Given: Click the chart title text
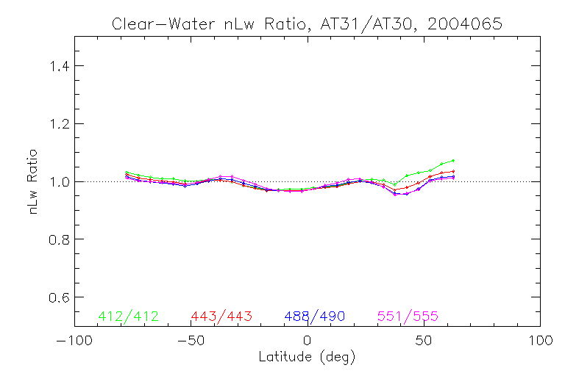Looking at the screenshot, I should [x=307, y=23].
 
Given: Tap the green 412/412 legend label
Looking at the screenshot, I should [x=128, y=317].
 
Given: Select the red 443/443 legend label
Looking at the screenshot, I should [x=221, y=317].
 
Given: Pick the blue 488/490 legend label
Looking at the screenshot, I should [x=315, y=317].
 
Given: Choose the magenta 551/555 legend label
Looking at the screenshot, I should [x=408, y=317].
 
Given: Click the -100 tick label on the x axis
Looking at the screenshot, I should [x=74, y=341].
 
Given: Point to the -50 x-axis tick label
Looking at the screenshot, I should [x=191, y=341].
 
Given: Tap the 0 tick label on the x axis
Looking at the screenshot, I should [x=307, y=341].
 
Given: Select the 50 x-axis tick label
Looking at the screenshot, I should [x=423, y=341].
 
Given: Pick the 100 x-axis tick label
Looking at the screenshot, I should [x=539, y=341].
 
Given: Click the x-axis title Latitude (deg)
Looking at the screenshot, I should [x=307, y=358].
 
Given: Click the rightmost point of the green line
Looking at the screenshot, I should [x=453, y=160].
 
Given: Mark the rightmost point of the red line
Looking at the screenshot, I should [x=453, y=171].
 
